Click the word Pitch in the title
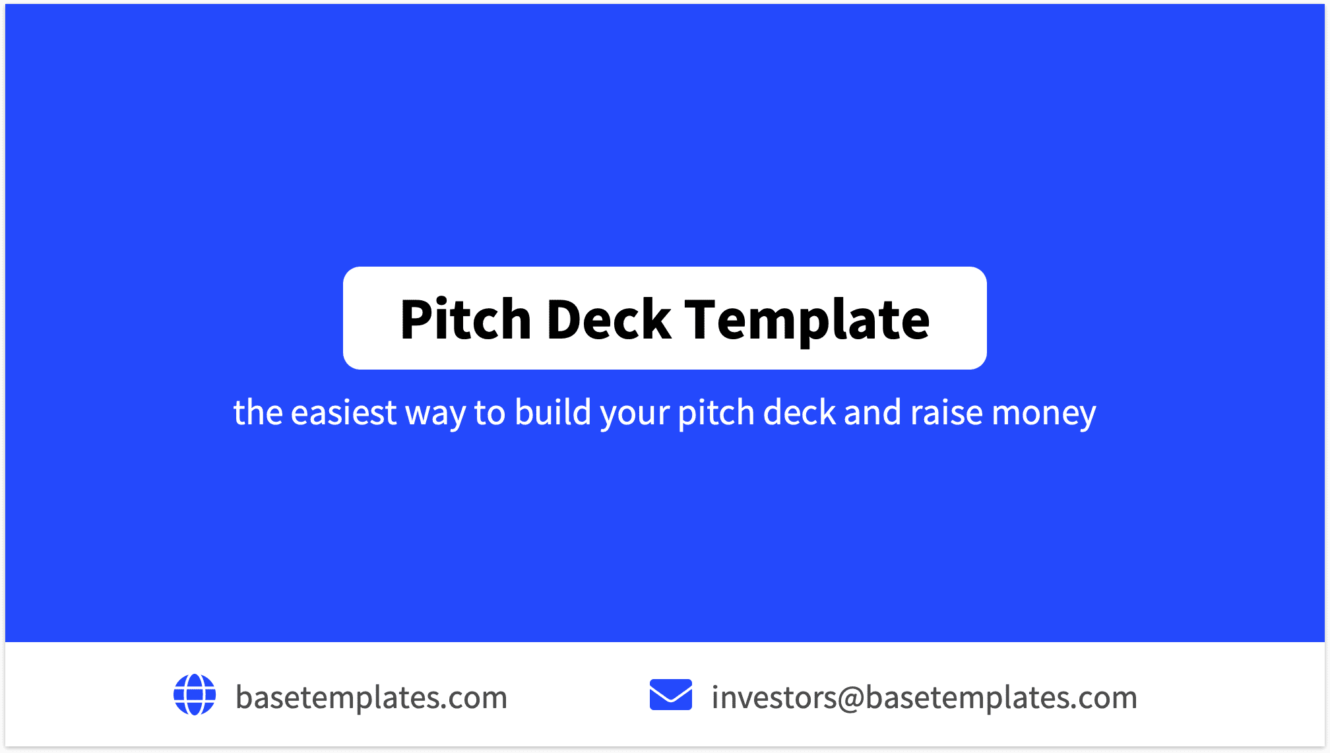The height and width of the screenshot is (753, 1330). pos(465,319)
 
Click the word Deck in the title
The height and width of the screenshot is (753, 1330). pos(608,319)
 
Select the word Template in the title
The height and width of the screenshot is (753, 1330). pos(806,319)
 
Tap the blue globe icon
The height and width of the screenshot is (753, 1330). pos(195,694)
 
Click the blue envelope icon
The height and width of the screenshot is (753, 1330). pos(670,695)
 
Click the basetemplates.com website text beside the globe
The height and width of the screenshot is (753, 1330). pos(371,698)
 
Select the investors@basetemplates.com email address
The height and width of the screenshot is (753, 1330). pos(924,698)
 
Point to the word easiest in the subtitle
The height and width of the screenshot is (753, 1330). pos(343,412)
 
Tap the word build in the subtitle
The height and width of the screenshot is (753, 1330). pos(553,412)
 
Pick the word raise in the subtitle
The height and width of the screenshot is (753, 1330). pos(947,412)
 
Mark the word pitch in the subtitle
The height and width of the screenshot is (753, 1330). pos(716,412)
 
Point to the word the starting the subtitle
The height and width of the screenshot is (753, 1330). pos(258,412)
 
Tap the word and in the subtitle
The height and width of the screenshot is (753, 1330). pos(872,412)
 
